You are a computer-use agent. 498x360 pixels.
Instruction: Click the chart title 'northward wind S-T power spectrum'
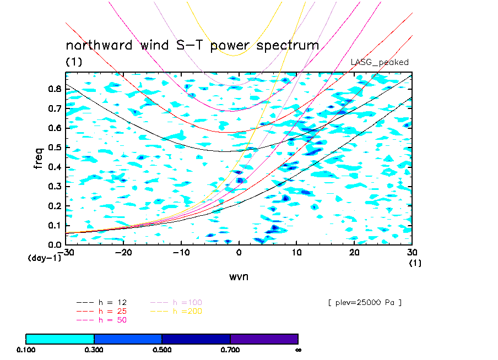tap(192, 45)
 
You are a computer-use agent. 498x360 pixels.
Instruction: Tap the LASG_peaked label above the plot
tap(380, 62)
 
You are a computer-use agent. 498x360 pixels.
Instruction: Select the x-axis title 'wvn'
tap(239, 276)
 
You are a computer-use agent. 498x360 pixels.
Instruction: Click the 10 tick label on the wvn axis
tap(296, 252)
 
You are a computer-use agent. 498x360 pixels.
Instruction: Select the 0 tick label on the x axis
tap(239, 252)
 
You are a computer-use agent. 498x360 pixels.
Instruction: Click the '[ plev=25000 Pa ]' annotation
tap(364, 302)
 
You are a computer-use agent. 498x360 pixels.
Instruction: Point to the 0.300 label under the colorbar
tap(94, 349)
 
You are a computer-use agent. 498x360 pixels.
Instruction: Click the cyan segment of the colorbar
tap(60, 339)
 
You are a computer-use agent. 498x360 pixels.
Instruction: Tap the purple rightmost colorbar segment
tap(264, 339)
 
